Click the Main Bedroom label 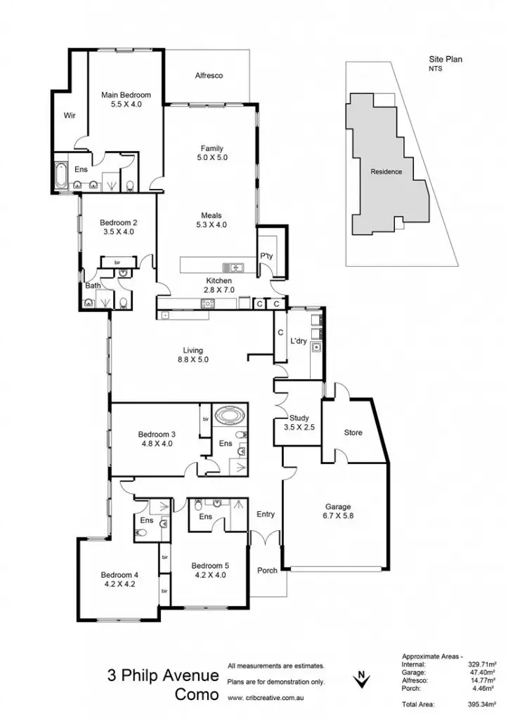coord(126,95)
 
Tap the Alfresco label coord(209,76)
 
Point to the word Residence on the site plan coord(386,172)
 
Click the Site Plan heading coord(447,61)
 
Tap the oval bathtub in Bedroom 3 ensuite coord(229,415)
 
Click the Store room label coord(353,433)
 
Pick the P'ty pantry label coord(267,256)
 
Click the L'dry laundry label coord(301,341)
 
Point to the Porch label coord(266,570)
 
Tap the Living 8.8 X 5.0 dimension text coord(193,359)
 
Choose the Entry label coord(266,515)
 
